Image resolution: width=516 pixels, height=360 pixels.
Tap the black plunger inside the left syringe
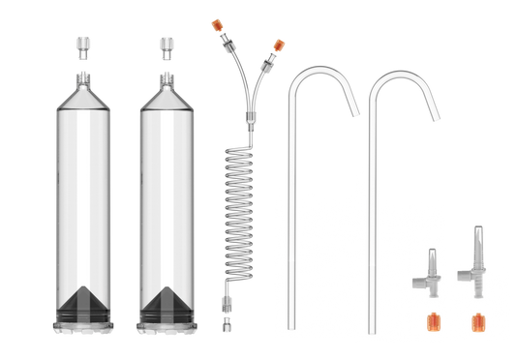click(84, 305)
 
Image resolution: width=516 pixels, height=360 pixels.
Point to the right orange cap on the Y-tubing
click(279, 44)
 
